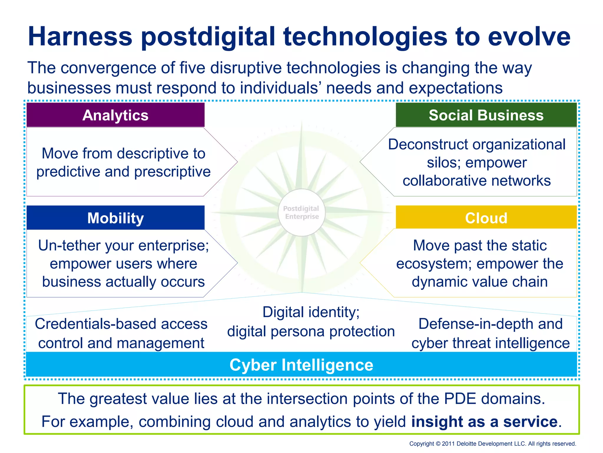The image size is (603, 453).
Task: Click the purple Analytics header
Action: pyautogui.click(x=115, y=115)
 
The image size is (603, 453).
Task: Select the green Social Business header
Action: pyautogui.click(x=486, y=115)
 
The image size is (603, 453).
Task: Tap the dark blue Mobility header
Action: pyautogui.click(x=115, y=218)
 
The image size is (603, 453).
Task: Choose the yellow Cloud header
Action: pyautogui.click(x=486, y=218)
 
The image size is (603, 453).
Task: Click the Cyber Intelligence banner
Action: pyautogui.click(x=301, y=365)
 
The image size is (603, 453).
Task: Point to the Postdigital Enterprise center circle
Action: pyautogui.click(x=301, y=212)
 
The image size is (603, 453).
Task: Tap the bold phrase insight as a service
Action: pyautogui.click(x=484, y=421)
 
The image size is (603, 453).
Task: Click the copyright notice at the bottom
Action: pyautogui.click(x=493, y=444)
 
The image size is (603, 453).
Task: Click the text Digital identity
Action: pyautogui.click(x=311, y=312)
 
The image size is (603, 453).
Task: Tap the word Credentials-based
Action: pyautogui.click(x=95, y=324)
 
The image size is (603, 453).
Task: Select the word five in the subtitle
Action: pyautogui.click(x=192, y=68)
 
